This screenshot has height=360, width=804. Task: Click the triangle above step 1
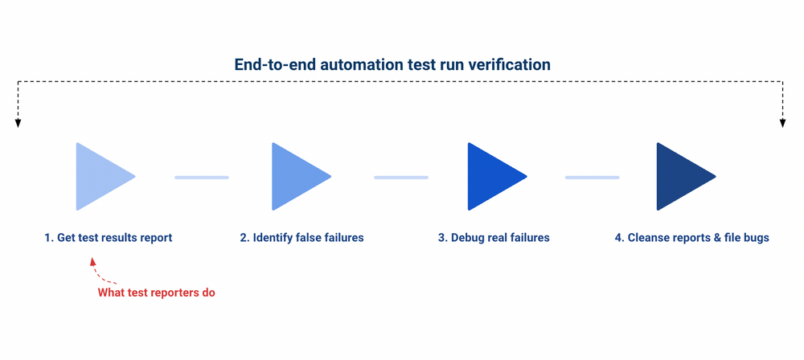click(x=100, y=176)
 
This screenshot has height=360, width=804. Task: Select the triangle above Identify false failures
click(x=296, y=176)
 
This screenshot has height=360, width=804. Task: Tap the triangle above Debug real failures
click(x=492, y=176)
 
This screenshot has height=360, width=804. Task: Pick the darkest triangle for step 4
click(x=681, y=176)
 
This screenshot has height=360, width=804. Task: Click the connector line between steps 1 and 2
click(x=202, y=177)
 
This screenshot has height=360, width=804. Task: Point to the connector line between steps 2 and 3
click(x=401, y=177)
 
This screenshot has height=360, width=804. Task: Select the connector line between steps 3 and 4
click(x=592, y=177)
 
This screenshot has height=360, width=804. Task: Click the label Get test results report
click(x=109, y=238)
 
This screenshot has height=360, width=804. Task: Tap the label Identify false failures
click(x=301, y=238)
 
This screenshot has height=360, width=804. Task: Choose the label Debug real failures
click(x=494, y=238)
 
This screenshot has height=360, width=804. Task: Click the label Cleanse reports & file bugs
click(x=691, y=238)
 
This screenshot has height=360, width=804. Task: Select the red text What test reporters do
click(x=157, y=292)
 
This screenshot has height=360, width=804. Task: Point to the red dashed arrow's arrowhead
click(x=92, y=261)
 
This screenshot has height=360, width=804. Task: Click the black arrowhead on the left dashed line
click(x=18, y=123)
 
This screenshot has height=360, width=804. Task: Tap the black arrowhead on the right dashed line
click(x=782, y=123)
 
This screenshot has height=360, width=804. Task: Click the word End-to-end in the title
click(x=274, y=64)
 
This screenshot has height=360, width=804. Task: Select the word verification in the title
click(x=511, y=64)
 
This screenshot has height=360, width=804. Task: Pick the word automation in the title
click(x=360, y=64)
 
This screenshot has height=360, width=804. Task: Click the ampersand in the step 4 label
click(x=714, y=238)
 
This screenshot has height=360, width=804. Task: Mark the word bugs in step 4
click(x=756, y=238)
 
